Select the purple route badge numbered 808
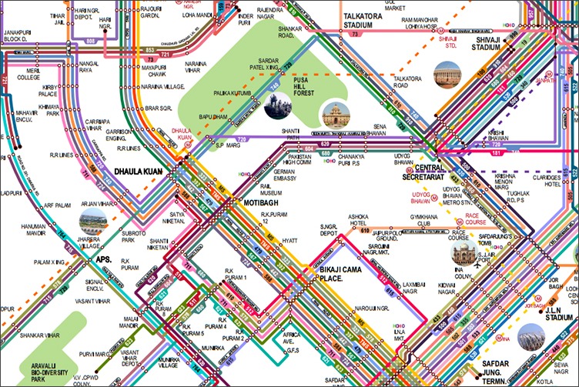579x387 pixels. pyautogui.click(x=90, y=40)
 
